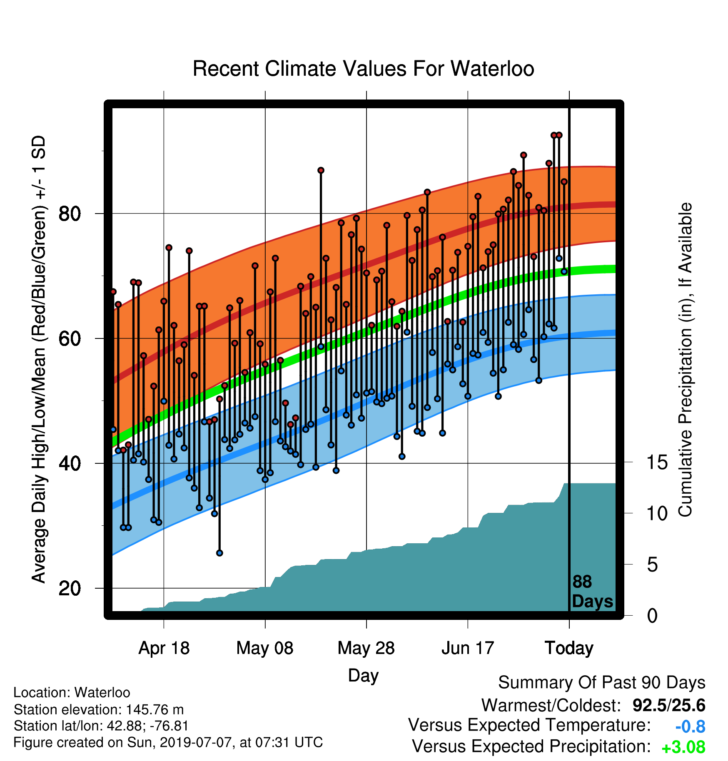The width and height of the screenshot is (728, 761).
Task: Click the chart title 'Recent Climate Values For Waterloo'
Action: [x=363, y=69]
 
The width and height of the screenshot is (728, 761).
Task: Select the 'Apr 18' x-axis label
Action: [x=164, y=648]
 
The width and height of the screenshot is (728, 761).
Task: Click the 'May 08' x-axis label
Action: [x=265, y=648]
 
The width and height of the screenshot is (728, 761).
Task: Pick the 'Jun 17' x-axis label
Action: [x=468, y=648]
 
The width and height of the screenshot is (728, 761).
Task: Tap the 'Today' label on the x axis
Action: [x=569, y=648]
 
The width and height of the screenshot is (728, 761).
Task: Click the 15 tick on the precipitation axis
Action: [x=657, y=462]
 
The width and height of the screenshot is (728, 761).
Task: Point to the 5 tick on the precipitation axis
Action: [x=653, y=565]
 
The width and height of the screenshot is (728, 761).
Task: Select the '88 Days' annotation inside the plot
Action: [x=592, y=592]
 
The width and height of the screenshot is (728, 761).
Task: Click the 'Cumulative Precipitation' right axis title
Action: [x=686, y=360]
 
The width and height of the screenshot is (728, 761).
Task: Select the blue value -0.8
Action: [x=690, y=727]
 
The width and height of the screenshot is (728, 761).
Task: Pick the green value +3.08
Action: [x=683, y=748]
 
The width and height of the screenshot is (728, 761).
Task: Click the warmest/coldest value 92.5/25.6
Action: [x=669, y=706]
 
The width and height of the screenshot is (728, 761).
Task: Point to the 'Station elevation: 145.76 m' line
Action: [x=99, y=709]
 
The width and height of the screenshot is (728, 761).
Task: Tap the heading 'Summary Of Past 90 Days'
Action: [x=602, y=683]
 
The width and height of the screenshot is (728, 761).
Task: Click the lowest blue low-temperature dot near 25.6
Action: [x=219, y=553]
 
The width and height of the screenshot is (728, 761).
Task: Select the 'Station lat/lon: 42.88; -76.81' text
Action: [x=101, y=726]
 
